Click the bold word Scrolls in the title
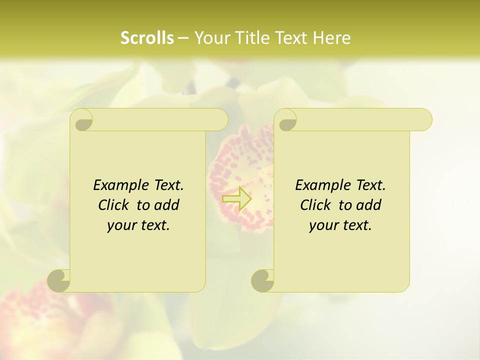147,38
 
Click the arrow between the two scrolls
236,198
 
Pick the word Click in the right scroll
315,205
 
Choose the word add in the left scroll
167,205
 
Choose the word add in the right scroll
369,205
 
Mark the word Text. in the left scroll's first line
168,185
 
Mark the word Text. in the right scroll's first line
370,185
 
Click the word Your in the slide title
211,38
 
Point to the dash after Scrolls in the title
183,38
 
